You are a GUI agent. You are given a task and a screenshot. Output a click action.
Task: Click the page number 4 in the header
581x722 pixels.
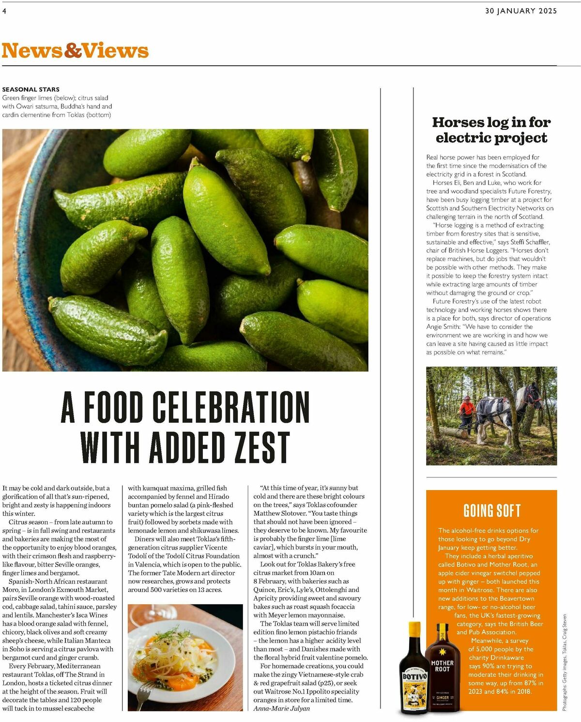pos(4,11)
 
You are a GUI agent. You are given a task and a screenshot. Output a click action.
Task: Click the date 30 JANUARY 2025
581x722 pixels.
pos(521,11)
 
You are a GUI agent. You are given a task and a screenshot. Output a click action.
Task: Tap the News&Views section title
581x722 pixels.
pos(75,51)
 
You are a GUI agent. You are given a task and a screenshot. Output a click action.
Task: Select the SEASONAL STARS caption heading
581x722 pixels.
pos(31,89)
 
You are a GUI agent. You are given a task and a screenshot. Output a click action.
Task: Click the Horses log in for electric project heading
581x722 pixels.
pos(491,130)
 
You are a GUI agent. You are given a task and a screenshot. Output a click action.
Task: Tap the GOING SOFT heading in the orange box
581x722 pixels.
pos(492,510)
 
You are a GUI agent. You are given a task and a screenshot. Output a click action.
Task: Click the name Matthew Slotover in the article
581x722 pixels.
pos(277,513)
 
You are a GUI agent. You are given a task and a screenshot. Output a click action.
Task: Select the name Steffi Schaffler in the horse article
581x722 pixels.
pos(530,242)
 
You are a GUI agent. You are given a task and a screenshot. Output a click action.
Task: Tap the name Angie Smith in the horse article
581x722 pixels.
pos(442,327)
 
